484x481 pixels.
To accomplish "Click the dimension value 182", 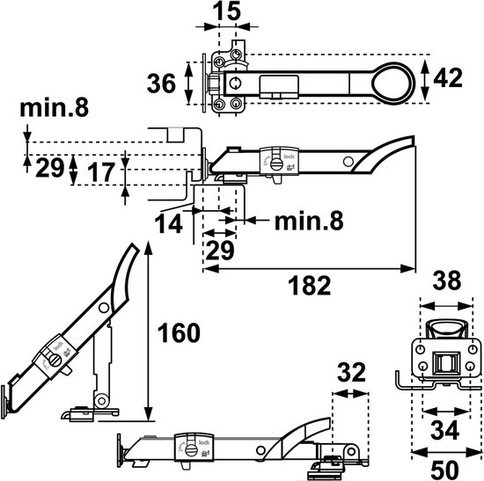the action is tap(309, 286).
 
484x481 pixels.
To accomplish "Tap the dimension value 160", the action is tap(179, 333).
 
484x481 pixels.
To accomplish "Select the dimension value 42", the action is tap(448, 78).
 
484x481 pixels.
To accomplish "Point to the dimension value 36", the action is tap(161, 84).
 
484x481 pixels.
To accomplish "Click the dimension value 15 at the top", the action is tap(227, 11).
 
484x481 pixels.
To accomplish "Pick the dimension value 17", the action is tap(101, 172).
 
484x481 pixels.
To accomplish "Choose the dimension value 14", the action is tap(169, 223).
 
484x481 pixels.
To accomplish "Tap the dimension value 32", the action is tap(351, 373).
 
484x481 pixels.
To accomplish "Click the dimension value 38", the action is tap(447, 281).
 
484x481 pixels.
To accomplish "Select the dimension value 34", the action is tap(444, 430).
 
